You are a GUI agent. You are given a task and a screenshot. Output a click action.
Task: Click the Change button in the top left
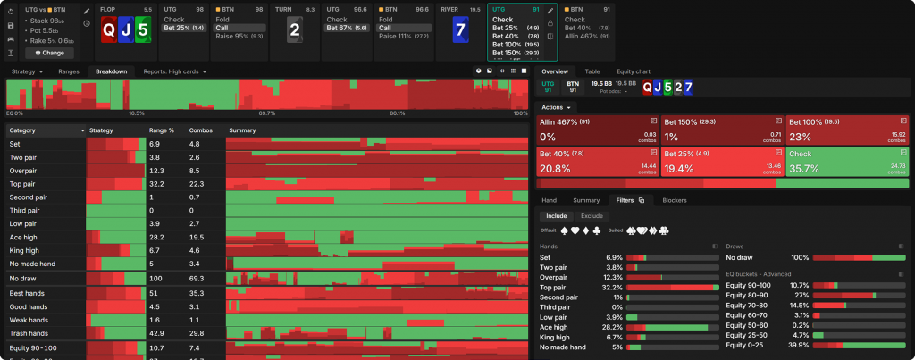coord(49,53)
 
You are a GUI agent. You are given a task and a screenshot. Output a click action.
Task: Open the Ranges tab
coord(69,71)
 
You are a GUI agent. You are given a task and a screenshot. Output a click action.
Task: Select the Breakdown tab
coord(111,71)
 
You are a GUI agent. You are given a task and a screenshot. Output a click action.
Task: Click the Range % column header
coord(162,130)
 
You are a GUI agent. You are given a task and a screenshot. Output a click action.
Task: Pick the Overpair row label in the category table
coord(23,170)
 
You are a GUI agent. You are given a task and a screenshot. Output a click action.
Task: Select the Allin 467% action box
coord(596,129)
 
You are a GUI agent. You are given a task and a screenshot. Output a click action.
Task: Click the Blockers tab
coord(675,200)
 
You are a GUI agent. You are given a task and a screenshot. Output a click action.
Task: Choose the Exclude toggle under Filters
coord(592,215)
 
